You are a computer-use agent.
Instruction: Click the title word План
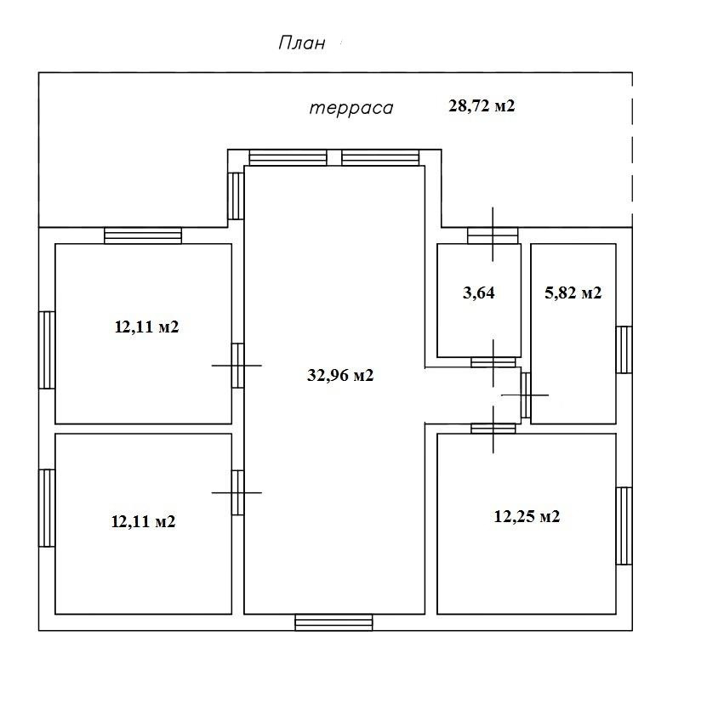(302, 43)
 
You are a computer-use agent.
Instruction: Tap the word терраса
(351, 108)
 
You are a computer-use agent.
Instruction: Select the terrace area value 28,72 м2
(482, 106)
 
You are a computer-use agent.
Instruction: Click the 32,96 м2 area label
(340, 375)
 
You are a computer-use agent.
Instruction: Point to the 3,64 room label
(478, 293)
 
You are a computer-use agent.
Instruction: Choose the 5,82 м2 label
(573, 293)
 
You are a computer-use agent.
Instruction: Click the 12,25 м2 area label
(527, 516)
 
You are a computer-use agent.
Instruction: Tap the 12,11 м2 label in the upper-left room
(146, 327)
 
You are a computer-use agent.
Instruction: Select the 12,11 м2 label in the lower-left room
(143, 521)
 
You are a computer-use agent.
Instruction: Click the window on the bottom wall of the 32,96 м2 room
(334, 622)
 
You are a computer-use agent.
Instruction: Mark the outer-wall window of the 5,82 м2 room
(624, 349)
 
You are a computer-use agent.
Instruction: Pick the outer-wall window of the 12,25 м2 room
(624, 525)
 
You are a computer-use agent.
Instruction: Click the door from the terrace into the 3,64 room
(493, 236)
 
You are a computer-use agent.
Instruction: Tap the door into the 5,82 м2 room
(525, 395)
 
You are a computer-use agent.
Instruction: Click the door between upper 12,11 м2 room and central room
(237, 365)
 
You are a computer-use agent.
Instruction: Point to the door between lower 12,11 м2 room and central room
(237, 492)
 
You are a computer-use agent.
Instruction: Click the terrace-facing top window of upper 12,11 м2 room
(143, 236)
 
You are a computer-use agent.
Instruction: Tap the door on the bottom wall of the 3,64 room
(493, 362)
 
